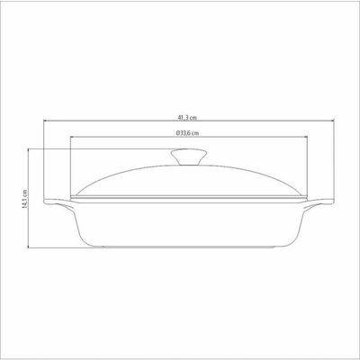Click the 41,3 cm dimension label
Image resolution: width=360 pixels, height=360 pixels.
pyautogui.click(x=187, y=118)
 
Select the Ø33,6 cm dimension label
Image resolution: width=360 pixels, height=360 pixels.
pyautogui.click(x=188, y=133)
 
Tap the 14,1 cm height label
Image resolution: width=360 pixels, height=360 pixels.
pyautogui.click(x=25, y=199)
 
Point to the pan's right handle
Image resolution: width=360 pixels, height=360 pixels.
pyautogui.click(x=319, y=203)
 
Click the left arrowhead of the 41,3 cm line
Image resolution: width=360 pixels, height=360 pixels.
pyautogui.click(x=46, y=121)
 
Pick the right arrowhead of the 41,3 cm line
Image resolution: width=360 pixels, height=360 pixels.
pyautogui.click(x=332, y=121)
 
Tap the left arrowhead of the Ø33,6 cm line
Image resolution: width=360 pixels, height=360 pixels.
pyautogui.click(x=72, y=137)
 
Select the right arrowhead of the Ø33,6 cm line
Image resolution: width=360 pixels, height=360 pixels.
pyautogui.click(x=306, y=137)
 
